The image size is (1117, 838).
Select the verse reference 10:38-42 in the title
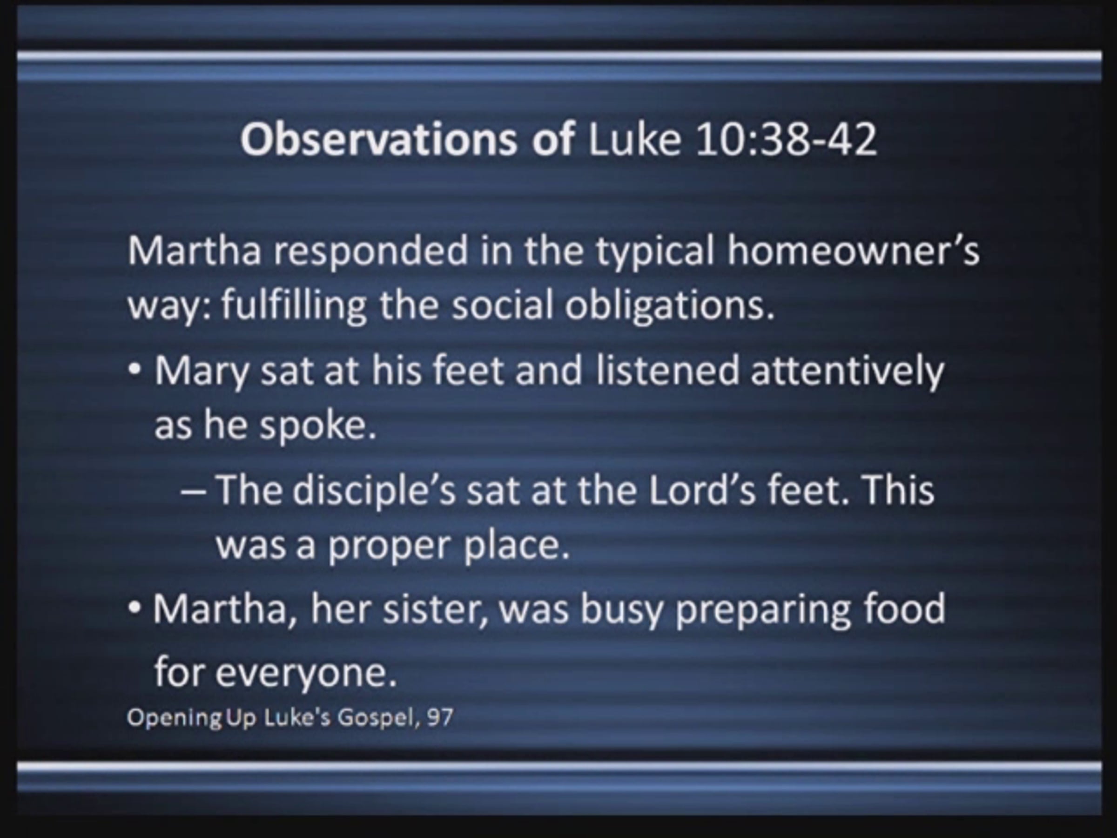(786, 139)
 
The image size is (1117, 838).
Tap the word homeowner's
(854, 250)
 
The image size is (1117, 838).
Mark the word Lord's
(702, 491)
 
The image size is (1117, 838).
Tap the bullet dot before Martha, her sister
(135, 608)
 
